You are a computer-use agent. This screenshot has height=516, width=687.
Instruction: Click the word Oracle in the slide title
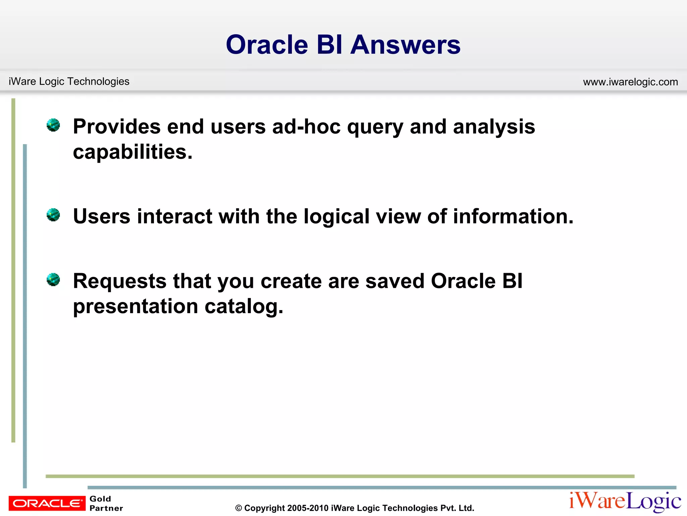(267, 45)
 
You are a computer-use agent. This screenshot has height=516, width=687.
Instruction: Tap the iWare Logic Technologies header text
(69, 81)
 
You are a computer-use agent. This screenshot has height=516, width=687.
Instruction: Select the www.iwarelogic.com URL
(630, 82)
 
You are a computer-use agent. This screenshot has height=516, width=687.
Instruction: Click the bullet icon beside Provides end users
(53, 125)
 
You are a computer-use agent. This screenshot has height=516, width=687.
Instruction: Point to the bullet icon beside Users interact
(53, 215)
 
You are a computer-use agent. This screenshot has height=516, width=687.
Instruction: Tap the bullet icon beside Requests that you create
(53, 279)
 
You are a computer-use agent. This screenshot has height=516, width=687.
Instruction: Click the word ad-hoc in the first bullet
(306, 127)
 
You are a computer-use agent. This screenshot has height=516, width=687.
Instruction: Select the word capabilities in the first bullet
(133, 152)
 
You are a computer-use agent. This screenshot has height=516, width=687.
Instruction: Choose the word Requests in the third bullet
(119, 281)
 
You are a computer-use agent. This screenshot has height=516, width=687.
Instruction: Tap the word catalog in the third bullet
(244, 306)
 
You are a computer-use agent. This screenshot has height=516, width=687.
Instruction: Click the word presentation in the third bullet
(136, 306)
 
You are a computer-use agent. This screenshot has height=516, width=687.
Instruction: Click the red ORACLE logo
(47, 503)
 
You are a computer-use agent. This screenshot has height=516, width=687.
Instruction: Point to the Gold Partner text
(106, 503)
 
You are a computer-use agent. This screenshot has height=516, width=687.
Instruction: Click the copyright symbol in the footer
(239, 508)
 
